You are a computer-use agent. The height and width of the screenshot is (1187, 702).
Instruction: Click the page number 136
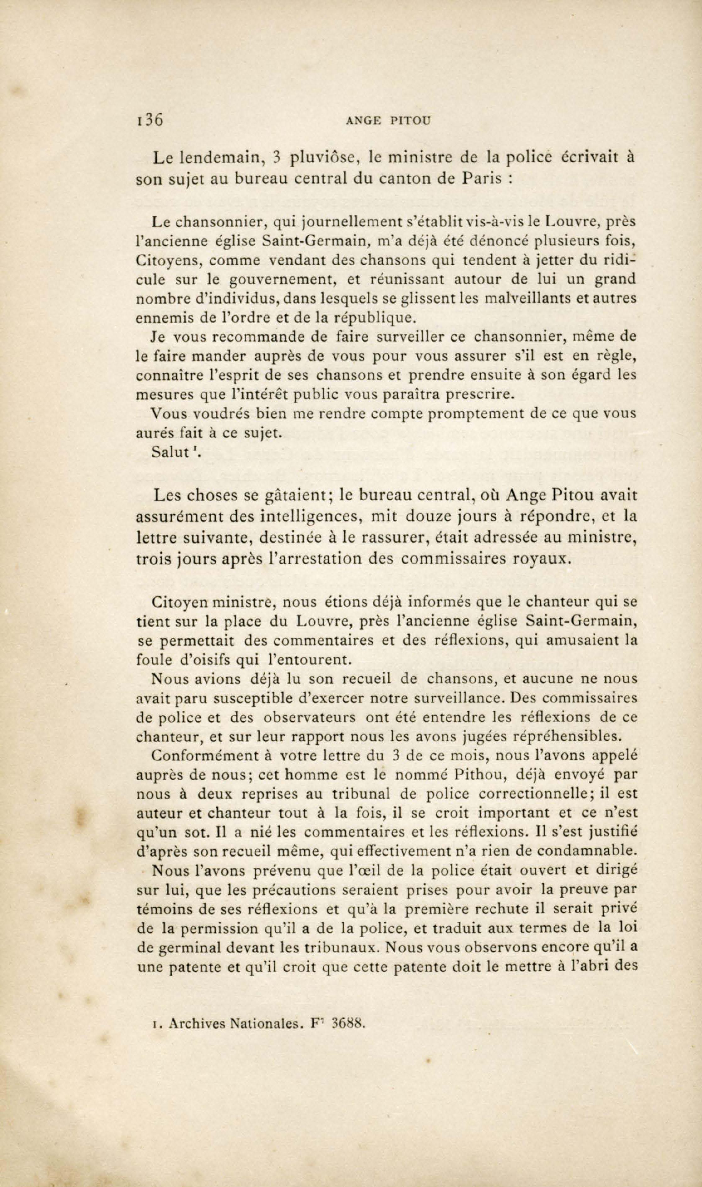point(148,119)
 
